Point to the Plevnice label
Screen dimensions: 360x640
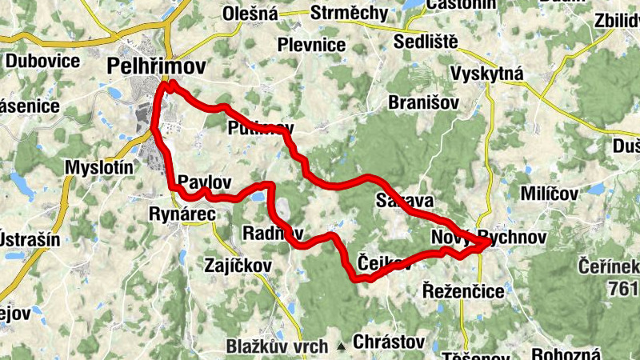(x=312, y=45)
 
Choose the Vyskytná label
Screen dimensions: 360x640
(x=486, y=74)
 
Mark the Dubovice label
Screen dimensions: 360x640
(x=42, y=61)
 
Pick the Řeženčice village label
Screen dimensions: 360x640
(x=463, y=291)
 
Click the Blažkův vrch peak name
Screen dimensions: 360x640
(x=277, y=346)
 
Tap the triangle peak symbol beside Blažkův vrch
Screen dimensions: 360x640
(x=342, y=346)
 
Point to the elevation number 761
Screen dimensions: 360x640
(x=625, y=288)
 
